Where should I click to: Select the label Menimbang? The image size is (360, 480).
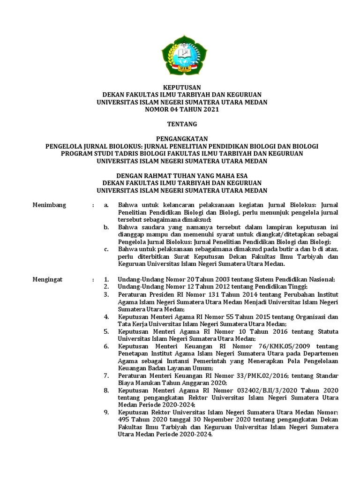49,205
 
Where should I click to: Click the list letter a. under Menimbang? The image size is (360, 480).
107,205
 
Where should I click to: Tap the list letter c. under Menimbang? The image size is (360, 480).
107,249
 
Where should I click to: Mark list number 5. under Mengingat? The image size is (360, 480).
107,331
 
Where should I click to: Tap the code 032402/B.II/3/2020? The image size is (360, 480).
262,390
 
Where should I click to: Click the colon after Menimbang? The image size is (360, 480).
94,205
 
